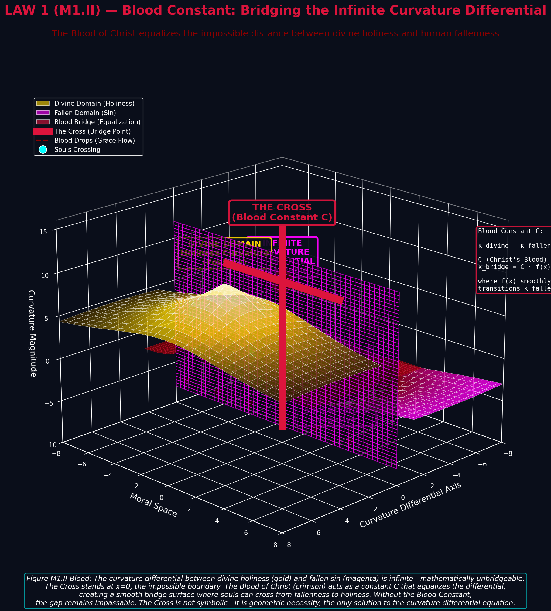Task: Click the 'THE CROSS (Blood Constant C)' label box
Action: tap(282, 213)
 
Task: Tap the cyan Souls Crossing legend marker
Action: tap(43, 150)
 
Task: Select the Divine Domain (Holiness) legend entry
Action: tap(94, 104)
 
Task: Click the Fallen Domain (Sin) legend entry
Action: tap(85, 113)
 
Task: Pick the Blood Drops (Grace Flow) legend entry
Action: tap(94, 141)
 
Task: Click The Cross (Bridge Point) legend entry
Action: tap(92, 131)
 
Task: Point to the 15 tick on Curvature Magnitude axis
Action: tap(43, 232)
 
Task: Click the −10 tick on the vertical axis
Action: tap(50, 445)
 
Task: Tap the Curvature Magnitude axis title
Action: tap(32, 333)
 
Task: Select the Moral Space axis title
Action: tap(153, 505)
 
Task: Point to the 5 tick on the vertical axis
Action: tap(46, 319)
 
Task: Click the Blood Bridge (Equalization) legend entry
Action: tap(97, 122)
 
